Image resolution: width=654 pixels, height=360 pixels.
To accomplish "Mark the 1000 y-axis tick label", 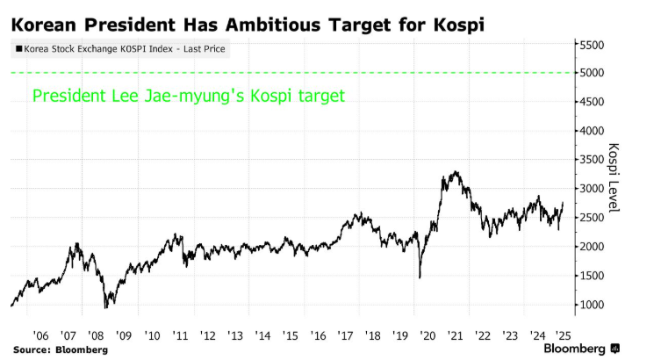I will coord(594,305).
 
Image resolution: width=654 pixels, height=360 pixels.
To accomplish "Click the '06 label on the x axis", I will coord(40,335).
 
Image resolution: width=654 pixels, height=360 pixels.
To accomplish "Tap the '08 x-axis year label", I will coord(96,335).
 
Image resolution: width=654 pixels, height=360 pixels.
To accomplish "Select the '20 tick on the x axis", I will coord(428,335).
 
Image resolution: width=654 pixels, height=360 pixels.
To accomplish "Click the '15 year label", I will coord(291,335).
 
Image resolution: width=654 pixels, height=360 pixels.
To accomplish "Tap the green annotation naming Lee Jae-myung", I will coord(189,96).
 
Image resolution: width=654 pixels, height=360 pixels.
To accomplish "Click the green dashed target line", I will coord(290,73).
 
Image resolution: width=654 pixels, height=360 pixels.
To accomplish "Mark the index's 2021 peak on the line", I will coord(454,172).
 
